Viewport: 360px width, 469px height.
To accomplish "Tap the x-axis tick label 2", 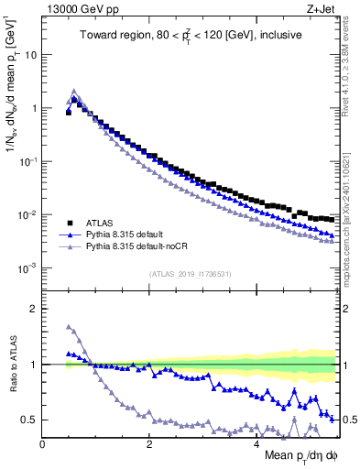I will click(x=148, y=443).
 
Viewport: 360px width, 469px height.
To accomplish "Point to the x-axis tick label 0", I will click(x=42, y=443).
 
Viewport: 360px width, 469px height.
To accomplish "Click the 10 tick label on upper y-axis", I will click(x=29, y=54).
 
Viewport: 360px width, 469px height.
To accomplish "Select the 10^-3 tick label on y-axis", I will click(x=27, y=268).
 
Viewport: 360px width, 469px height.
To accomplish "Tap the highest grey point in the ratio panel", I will click(x=69, y=326).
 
